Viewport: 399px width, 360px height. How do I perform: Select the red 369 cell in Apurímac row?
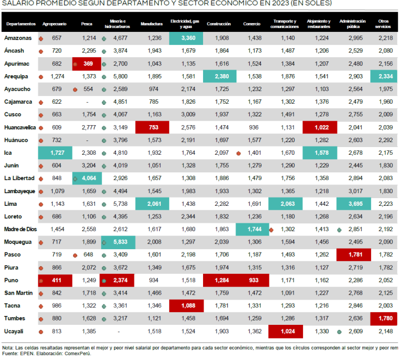(x=87, y=64)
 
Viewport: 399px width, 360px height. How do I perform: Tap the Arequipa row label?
(x=16, y=76)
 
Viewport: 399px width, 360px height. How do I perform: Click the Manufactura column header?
(x=151, y=25)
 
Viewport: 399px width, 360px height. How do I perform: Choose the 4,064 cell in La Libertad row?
(x=87, y=178)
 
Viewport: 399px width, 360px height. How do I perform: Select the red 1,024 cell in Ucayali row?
(x=285, y=331)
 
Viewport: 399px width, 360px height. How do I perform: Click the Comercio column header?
(x=251, y=25)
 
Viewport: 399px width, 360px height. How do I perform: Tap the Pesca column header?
(x=86, y=25)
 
